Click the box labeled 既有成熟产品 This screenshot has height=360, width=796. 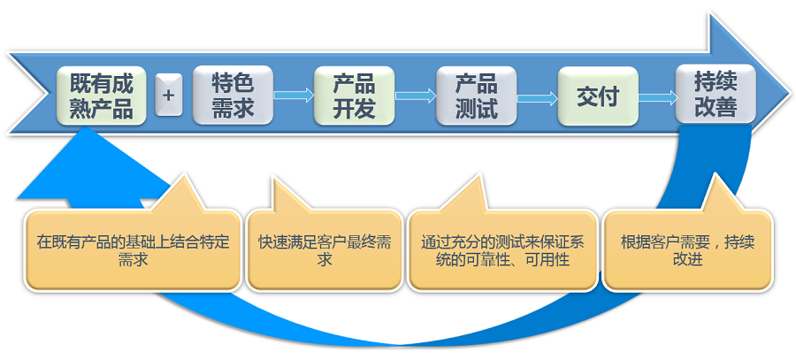point(101,96)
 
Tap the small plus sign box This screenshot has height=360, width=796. point(169,95)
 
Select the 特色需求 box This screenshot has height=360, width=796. point(233,96)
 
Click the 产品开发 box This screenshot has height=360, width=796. point(354,96)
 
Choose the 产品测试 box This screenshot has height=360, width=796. point(476,96)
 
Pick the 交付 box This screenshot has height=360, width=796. point(598,96)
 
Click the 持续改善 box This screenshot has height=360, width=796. point(716,94)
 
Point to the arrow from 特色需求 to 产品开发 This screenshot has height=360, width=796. point(294,95)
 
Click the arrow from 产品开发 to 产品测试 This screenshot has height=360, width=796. point(416,95)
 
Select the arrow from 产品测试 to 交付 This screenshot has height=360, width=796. point(537,97)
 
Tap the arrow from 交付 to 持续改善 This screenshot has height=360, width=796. point(657,97)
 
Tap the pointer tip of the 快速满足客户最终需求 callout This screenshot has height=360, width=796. point(274,178)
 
